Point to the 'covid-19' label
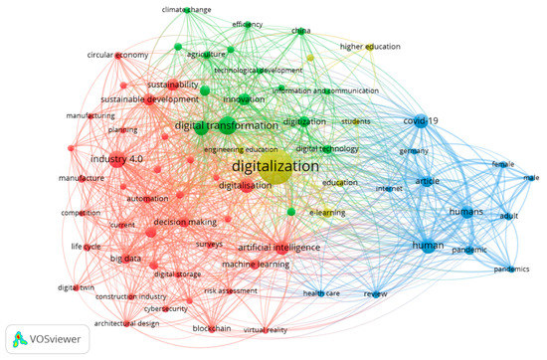[x=420, y=120]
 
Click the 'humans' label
[x=465, y=212]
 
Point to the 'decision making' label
[x=184, y=223]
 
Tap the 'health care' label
[x=320, y=293]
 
